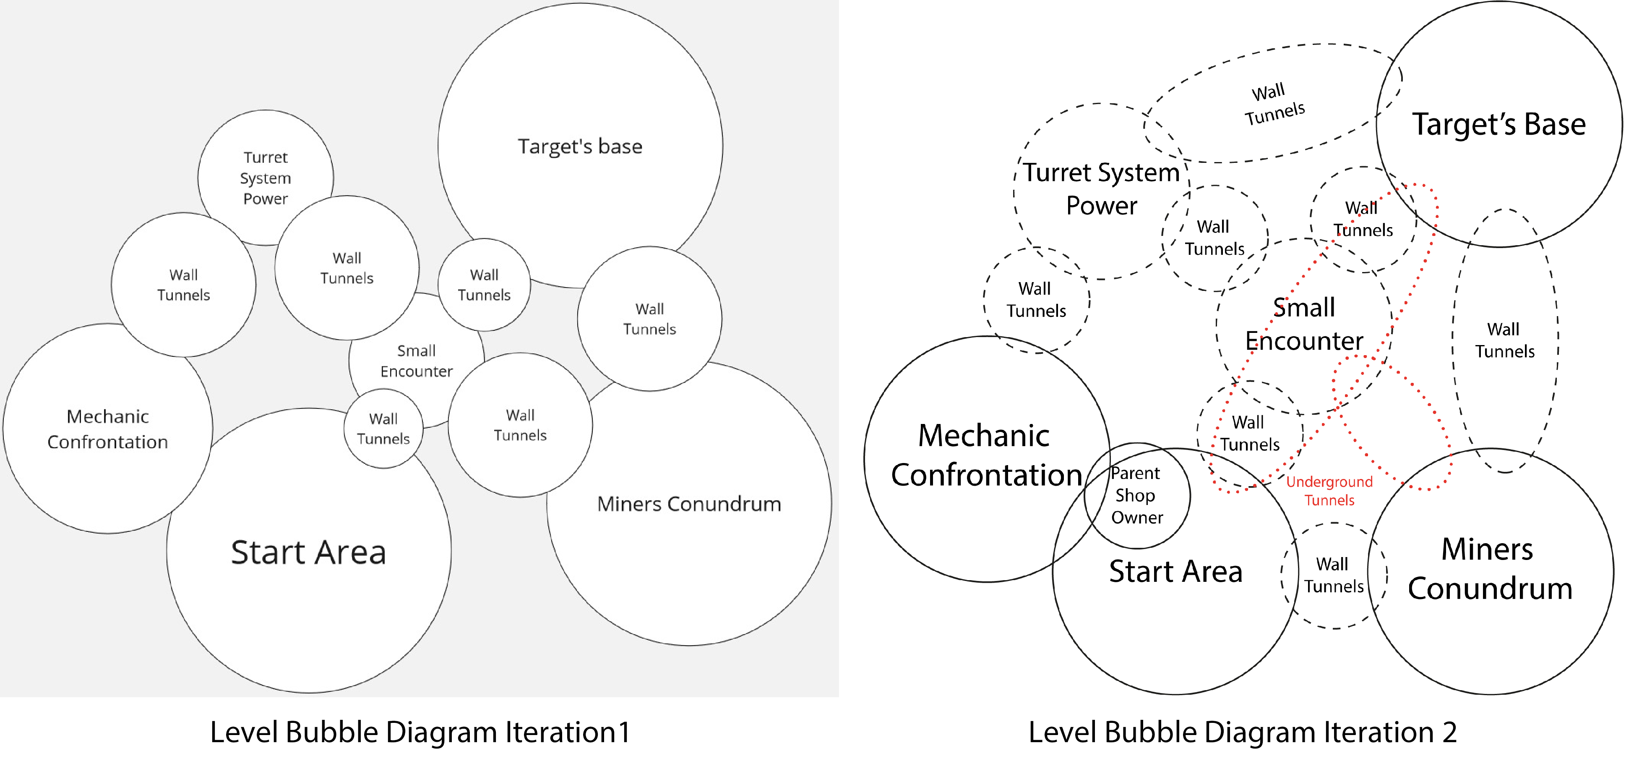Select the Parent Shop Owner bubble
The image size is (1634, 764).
click(1137, 496)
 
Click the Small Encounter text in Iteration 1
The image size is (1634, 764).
click(416, 361)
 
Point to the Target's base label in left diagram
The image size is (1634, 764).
click(580, 146)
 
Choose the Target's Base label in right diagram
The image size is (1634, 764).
click(1498, 124)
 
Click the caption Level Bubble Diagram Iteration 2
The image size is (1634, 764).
click(1242, 732)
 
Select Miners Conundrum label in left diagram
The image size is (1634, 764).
click(689, 504)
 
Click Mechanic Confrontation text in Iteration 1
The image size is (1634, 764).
click(108, 429)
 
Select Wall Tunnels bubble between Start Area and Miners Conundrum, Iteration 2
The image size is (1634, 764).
click(1333, 575)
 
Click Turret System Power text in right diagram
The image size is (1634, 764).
click(1101, 188)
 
